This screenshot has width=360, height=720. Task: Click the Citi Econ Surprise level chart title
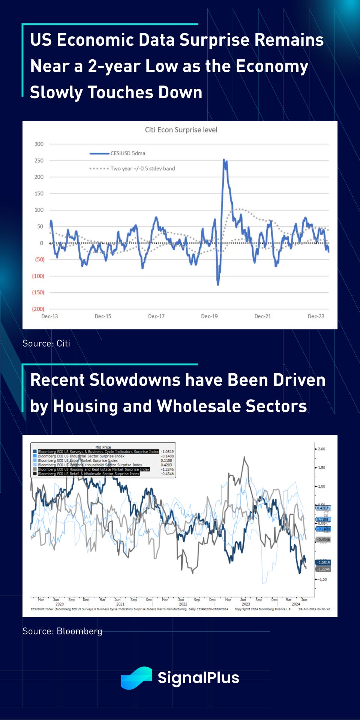[x=181, y=130]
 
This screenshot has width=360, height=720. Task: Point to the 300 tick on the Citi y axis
[x=39, y=144]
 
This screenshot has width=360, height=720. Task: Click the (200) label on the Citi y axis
[x=38, y=309]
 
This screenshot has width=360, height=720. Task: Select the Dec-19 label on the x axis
[x=209, y=316]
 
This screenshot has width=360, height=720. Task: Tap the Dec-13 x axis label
[x=49, y=316]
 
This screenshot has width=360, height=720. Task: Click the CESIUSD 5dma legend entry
[x=127, y=153]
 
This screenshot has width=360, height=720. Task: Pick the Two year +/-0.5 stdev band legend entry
[x=142, y=169]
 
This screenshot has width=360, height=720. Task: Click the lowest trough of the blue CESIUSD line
[x=218, y=285]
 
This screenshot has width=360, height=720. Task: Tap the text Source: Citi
[x=46, y=343]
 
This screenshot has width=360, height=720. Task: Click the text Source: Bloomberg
[x=62, y=631]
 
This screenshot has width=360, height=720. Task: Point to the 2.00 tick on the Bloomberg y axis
[x=321, y=449]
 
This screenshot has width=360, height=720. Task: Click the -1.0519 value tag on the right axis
[x=323, y=562]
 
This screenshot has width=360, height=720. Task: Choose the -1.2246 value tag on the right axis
[x=323, y=569]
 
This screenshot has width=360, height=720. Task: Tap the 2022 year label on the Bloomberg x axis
[x=183, y=604]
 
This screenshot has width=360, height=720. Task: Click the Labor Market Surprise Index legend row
[x=78, y=460]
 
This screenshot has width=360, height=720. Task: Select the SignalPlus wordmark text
[x=198, y=678]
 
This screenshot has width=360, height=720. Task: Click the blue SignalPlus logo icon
[x=136, y=678]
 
